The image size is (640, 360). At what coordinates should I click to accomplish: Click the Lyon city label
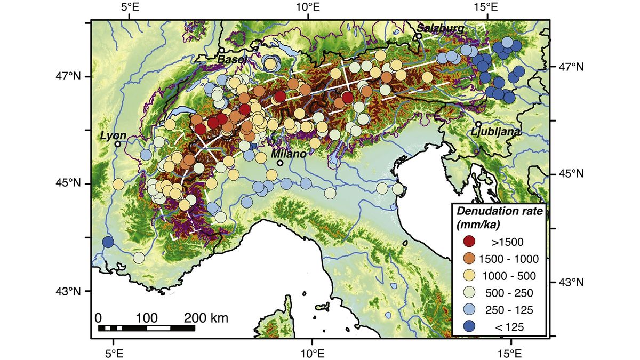tap(112, 135)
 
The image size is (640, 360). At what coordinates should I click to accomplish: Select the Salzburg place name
tap(441, 28)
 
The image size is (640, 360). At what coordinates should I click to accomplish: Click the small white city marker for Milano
tap(279, 163)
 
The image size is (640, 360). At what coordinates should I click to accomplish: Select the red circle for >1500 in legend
tap(470, 242)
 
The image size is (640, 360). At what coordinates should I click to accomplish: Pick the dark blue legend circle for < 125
tap(470, 326)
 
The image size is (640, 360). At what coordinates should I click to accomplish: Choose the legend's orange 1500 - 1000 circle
tap(470, 259)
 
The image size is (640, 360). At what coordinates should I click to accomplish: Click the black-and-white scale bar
tap(146, 328)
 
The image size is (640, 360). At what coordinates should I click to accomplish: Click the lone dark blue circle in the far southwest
tap(108, 242)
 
